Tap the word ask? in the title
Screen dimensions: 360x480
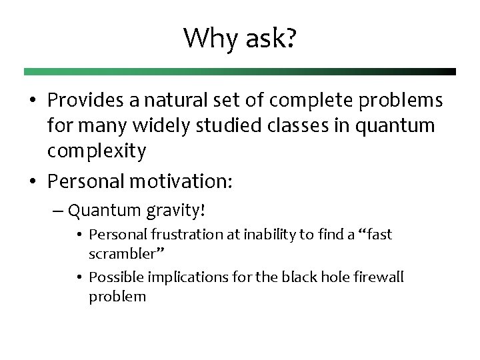pos(270,39)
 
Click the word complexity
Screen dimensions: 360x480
pos(96,151)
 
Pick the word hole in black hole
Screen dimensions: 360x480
pos(327,277)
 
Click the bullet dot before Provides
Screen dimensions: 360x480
pos(32,101)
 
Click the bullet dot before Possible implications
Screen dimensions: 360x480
pos(79,277)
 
